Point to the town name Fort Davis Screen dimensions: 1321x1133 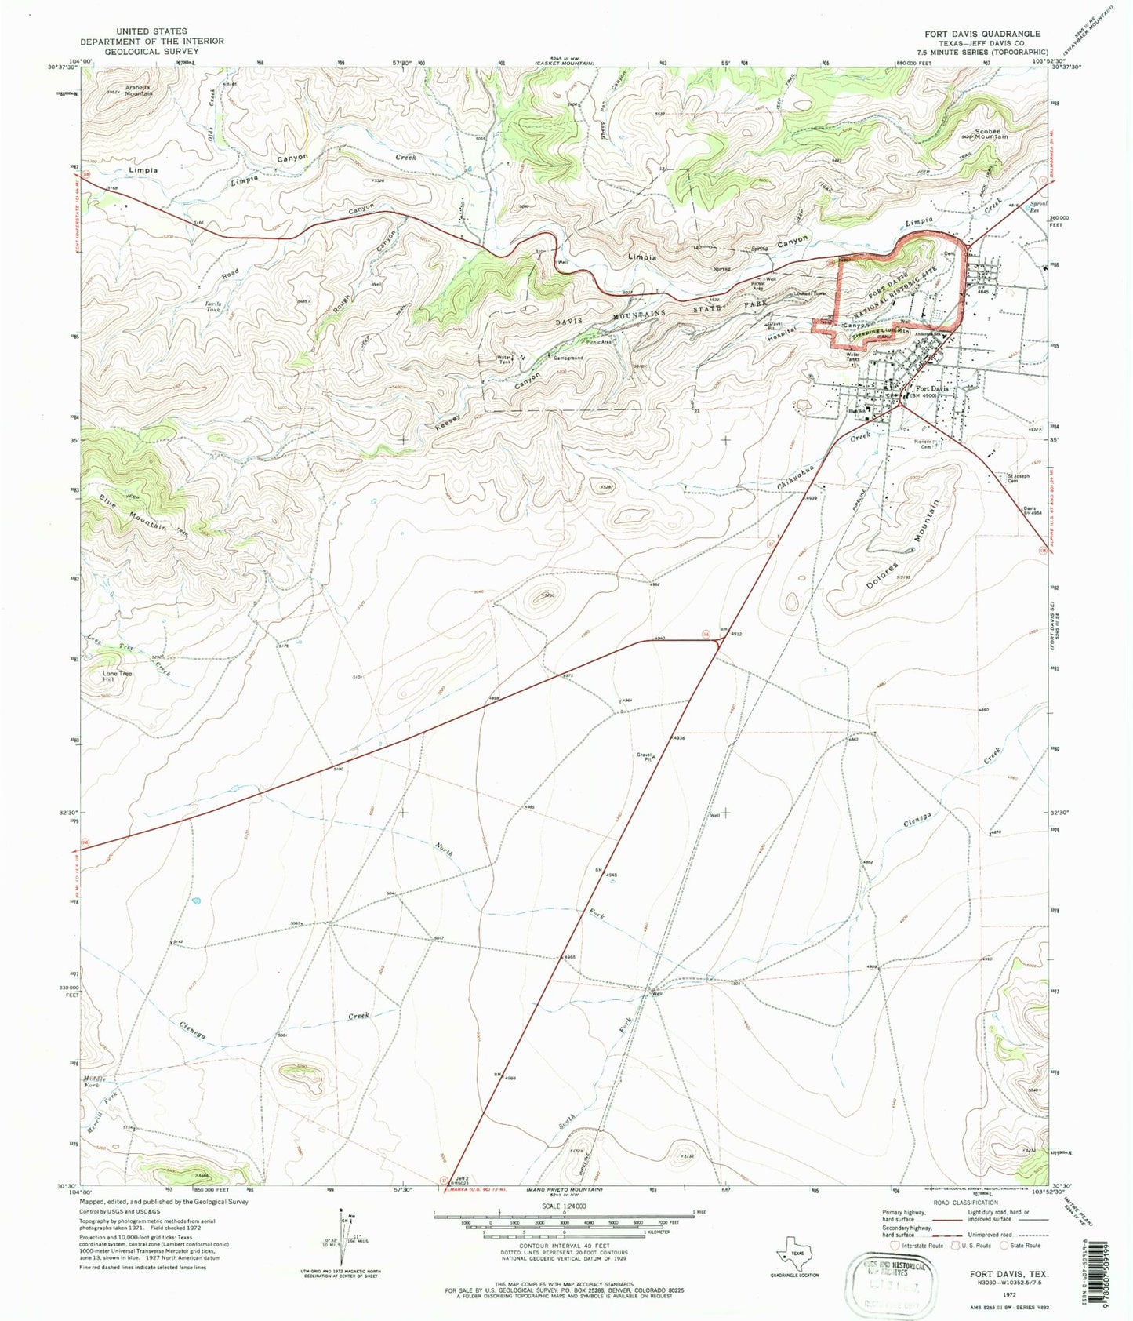[932, 389]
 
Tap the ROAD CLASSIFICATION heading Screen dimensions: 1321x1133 [965, 1202]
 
